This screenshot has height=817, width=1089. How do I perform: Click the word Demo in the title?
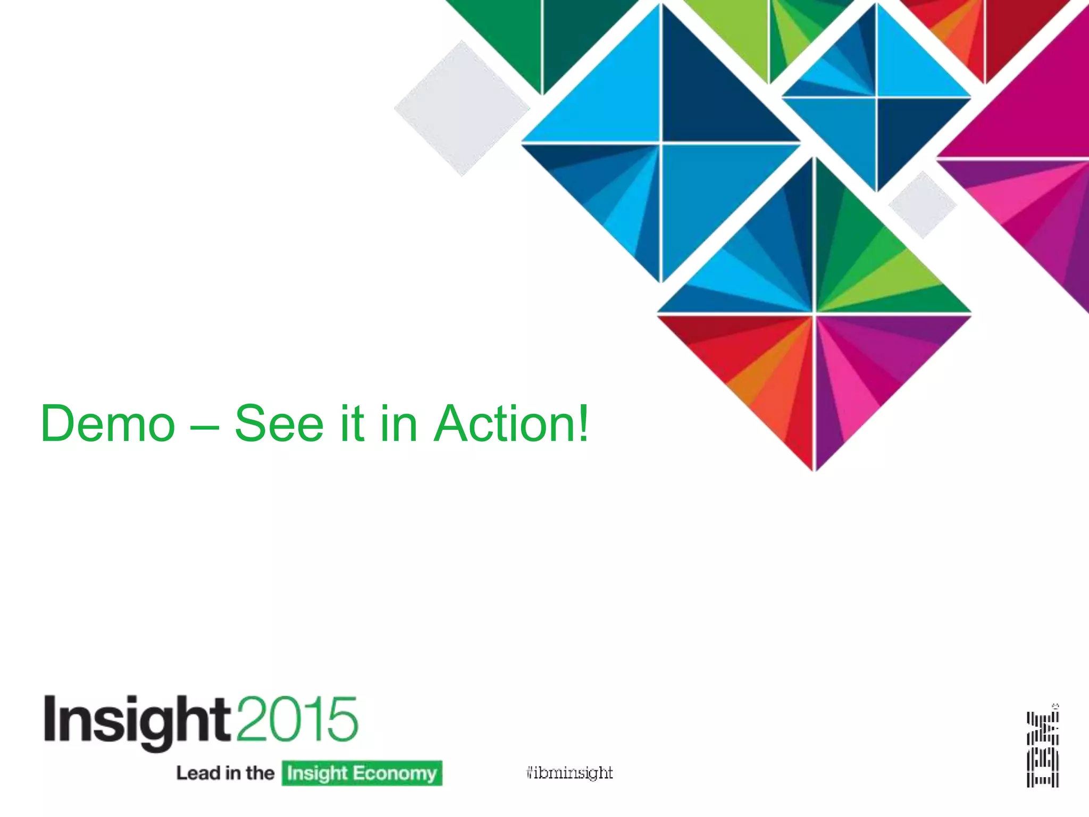pyautogui.click(x=108, y=423)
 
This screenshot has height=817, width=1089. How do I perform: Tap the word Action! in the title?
pyautogui.click(x=512, y=423)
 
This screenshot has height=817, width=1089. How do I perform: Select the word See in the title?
pyautogui.click(x=279, y=423)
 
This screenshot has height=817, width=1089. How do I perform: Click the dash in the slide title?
pyautogui.click(x=205, y=426)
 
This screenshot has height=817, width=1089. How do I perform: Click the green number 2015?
pyautogui.click(x=297, y=719)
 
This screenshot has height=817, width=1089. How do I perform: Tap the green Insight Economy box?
pyautogui.click(x=362, y=773)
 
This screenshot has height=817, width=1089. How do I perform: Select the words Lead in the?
pyautogui.click(x=225, y=773)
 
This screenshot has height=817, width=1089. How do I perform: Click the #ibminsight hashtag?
pyautogui.click(x=569, y=772)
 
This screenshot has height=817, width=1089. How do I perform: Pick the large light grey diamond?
pyautogui.click(x=462, y=109)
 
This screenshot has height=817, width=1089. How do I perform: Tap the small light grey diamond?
pyautogui.click(x=923, y=205)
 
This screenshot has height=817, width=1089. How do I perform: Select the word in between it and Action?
pyautogui.click(x=399, y=423)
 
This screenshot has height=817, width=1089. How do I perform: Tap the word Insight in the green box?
pyautogui.click(x=317, y=773)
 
